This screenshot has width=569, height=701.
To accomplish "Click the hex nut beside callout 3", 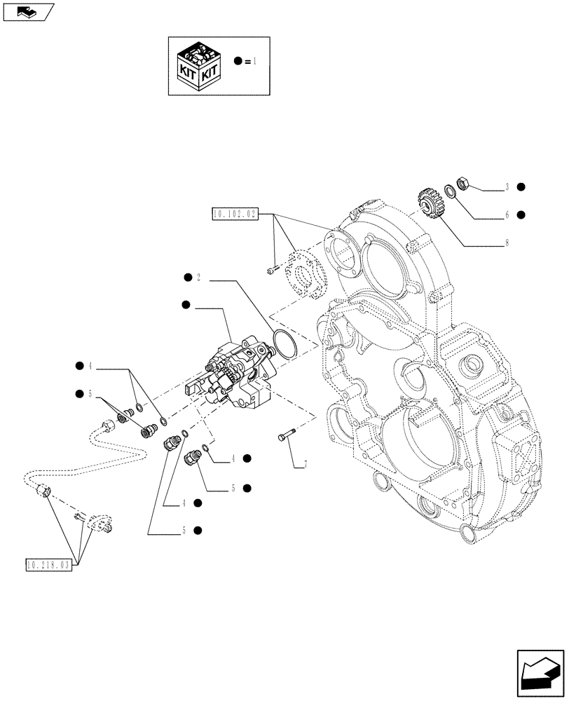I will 463,185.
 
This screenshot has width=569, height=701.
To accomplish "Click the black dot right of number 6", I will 521,215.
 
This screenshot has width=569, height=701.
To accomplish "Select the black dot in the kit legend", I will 239,62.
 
